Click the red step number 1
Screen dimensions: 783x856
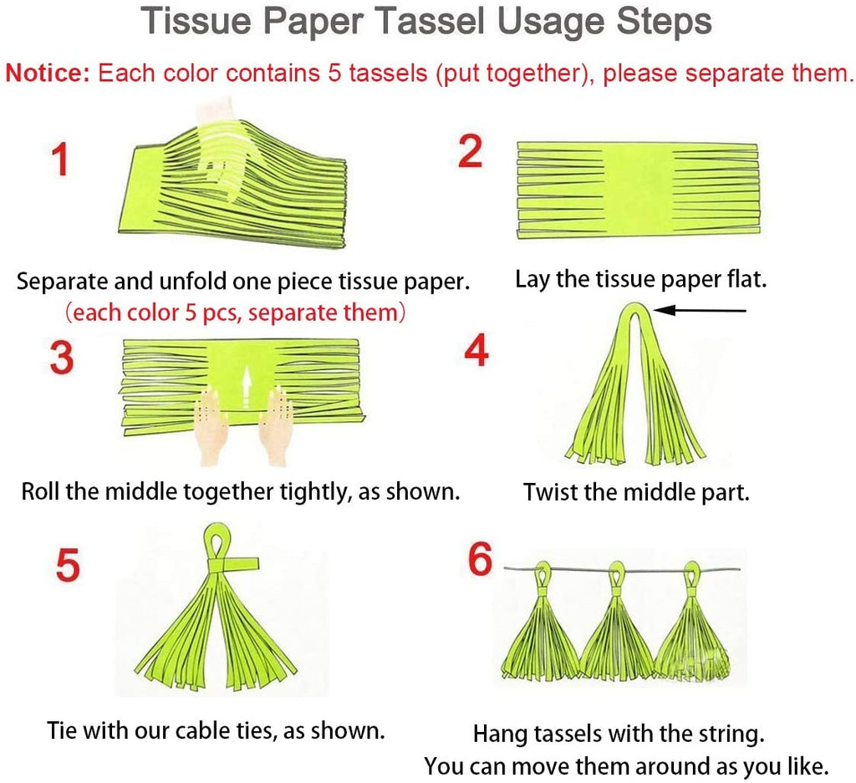[x=60, y=159]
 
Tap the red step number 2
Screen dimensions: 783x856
[x=471, y=152]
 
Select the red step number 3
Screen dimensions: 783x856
[x=61, y=358]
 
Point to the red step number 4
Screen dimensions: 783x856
[x=476, y=352]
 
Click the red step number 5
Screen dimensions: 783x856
[x=68, y=566]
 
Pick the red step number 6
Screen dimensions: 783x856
[x=480, y=560]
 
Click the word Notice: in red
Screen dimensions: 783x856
[x=48, y=73]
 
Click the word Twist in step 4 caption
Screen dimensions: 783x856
[x=551, y=492]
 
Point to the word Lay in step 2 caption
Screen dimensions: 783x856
[x=532, y=279]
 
